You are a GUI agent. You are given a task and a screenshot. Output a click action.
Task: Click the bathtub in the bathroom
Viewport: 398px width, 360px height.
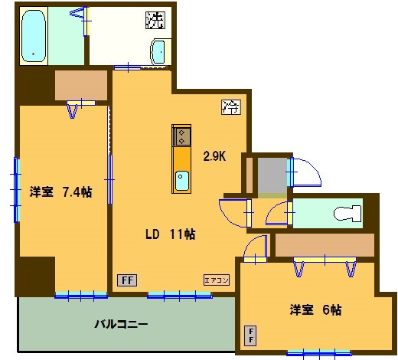click(34, 36)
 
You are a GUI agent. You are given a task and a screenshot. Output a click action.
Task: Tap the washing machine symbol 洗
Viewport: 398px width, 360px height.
click(155, 20)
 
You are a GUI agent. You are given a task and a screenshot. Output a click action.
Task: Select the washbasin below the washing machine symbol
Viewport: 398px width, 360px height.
click(159, 52)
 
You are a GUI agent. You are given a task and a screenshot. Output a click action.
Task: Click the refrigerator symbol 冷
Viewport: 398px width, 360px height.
click(231, 106)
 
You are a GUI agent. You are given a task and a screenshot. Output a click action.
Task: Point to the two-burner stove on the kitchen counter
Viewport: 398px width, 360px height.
click(181, 136)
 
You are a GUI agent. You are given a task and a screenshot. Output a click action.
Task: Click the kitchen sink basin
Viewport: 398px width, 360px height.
click(182, 181)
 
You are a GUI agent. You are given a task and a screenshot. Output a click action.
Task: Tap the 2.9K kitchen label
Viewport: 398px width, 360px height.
click(214, 156)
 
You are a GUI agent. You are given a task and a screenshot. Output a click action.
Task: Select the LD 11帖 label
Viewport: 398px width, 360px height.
click(171, 234)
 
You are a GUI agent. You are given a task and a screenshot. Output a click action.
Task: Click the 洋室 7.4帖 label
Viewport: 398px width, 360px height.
click(60, 191)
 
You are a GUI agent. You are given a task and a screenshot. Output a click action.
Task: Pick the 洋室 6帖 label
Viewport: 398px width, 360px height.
click(315, 309)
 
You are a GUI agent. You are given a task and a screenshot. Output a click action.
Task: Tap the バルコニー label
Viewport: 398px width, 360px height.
click(121, 324)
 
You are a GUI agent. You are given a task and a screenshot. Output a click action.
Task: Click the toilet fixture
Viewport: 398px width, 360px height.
click(347, 214)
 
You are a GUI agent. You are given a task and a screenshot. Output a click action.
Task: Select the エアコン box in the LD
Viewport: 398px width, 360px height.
click(217, 280)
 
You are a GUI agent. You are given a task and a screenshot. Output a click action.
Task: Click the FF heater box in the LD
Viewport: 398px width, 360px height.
click(127, 280)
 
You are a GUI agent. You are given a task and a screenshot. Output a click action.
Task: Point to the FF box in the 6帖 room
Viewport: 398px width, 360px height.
click(250, 335)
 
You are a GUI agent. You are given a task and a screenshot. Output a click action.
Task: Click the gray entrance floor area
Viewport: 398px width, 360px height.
click(272, 175)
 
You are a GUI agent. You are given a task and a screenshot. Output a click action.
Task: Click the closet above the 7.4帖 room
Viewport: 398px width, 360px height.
click(81, 85)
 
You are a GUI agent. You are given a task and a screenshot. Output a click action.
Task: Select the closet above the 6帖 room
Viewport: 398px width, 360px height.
click(325, 245)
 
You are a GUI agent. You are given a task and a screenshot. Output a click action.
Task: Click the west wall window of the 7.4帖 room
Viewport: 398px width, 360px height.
click(16, 190)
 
